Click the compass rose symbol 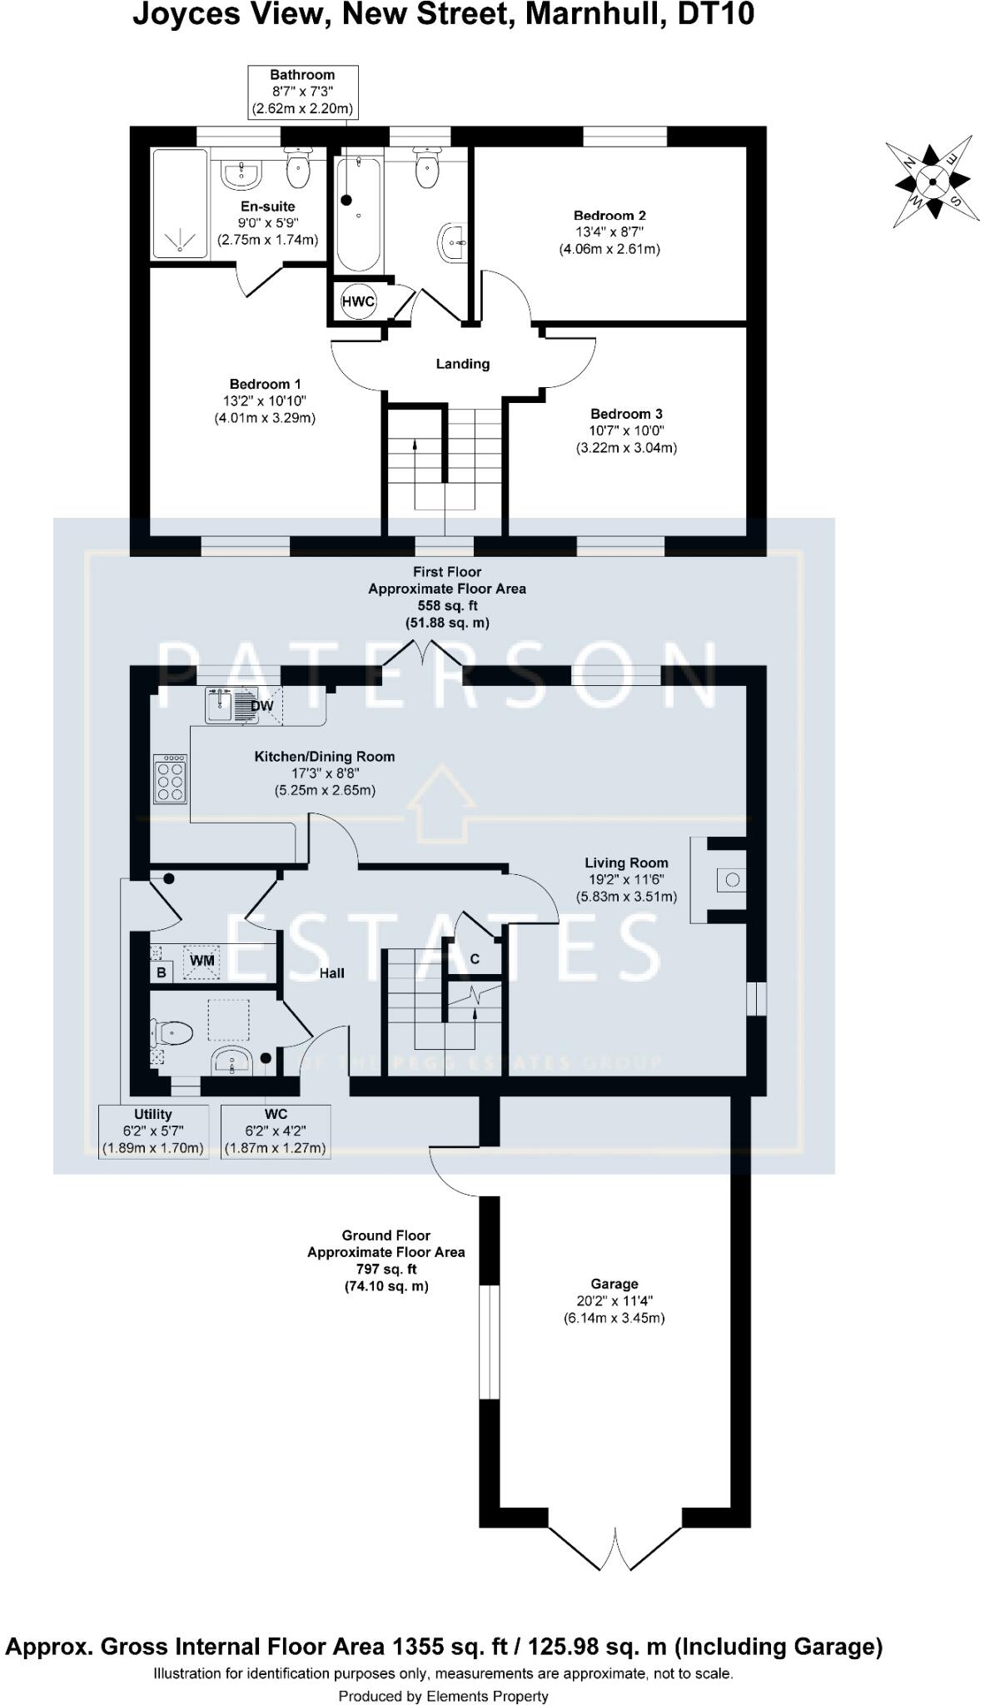(x=931, y=181)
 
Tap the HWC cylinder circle (x=358, y=301)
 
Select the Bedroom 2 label (x=609, y=216)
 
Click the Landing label (x=463, y=364)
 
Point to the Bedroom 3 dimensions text (x=626, y=440)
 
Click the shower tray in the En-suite (x=180, y=203)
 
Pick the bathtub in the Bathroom (x=359, y=214)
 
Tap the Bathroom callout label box (x=302, y=92)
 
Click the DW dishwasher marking (x=261, y=706)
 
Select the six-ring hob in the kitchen (x=170, y=779)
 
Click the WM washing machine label (x=202, y=961)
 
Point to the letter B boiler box (x=162, y=972)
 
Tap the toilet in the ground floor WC (x=172, y=1034)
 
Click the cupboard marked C (x=475, y=959)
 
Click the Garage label (x=614, y=1285)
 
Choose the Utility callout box (x=153, y=1131)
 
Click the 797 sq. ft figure (x=386, y=1270)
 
